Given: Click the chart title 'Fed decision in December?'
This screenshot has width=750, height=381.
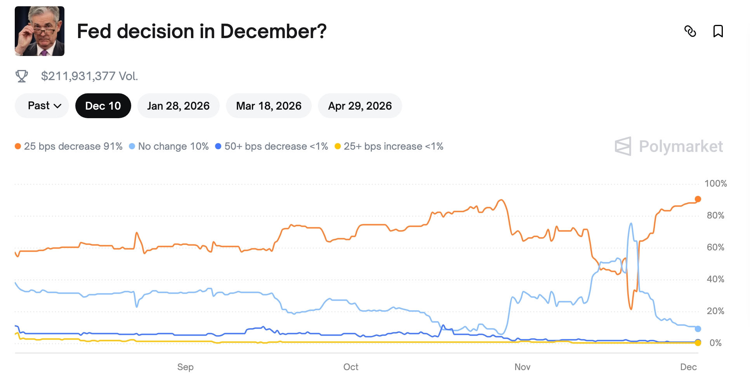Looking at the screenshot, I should [201, 31].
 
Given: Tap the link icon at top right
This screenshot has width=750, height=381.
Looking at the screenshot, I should [690, 31].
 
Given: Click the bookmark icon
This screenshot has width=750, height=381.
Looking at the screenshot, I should [718, 31].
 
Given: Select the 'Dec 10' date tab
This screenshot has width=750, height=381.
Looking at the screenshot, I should [103, 106].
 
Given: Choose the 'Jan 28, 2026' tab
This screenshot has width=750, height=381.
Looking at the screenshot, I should [178, 106].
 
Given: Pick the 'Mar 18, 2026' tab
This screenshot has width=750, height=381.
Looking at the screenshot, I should [269, 106].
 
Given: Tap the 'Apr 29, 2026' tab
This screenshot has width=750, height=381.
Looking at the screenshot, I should [359, 106].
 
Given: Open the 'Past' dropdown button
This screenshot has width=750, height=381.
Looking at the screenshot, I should [42, 106].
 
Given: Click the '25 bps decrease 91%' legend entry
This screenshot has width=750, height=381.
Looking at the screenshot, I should [69, 146].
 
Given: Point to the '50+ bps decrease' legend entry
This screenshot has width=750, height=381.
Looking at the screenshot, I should [272, 146].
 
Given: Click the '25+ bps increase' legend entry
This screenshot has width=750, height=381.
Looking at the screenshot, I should [389, 146].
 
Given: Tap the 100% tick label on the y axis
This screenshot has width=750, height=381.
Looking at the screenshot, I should [715, 184].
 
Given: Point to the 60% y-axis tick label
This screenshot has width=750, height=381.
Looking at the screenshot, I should [715, 247].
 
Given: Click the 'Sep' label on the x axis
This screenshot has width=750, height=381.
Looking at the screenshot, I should [185, 367].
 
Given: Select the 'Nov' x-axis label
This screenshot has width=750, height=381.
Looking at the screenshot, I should [522, 367].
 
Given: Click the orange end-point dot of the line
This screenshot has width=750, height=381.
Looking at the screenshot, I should [698, 199].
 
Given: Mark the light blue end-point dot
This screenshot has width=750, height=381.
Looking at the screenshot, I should [698, 329].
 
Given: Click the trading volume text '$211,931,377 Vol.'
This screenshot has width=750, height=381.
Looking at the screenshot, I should [89, 76].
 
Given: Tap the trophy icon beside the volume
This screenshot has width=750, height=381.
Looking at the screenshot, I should [22, 76].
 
